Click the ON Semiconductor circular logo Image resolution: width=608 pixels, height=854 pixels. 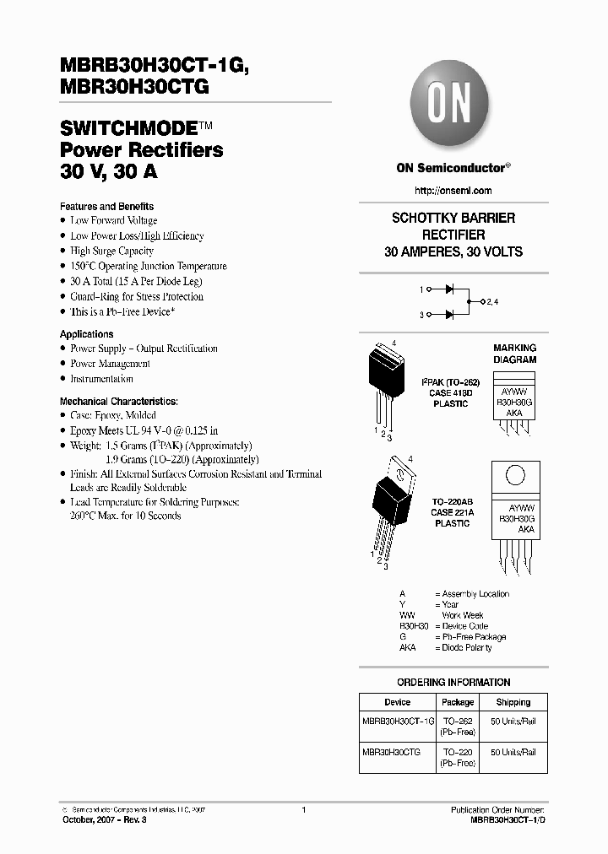(x=453, y=108)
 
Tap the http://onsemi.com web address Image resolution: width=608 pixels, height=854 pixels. (x=453, y=191)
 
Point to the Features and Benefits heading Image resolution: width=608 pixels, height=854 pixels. (x=106, y=206)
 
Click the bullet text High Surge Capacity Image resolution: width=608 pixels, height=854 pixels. (x=111, y=251)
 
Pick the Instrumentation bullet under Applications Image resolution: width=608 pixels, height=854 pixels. (x=101, y=379)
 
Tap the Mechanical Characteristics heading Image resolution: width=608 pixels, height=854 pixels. (x=118, y=401)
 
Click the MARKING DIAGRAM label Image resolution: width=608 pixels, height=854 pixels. (x=514, y=354)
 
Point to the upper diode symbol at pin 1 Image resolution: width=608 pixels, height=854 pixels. (x=439, y=289)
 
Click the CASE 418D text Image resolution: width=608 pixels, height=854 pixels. (x=450, y=392)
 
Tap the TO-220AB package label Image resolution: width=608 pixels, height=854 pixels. (x=452, y=501)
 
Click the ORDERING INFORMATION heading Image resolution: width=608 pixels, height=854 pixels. (x=453, y=682)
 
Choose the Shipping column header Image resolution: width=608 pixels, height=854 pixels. (x=513, y=702)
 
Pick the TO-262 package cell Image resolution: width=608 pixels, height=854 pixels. (x=458, y=722)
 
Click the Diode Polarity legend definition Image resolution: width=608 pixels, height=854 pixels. (x=465, y=647)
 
